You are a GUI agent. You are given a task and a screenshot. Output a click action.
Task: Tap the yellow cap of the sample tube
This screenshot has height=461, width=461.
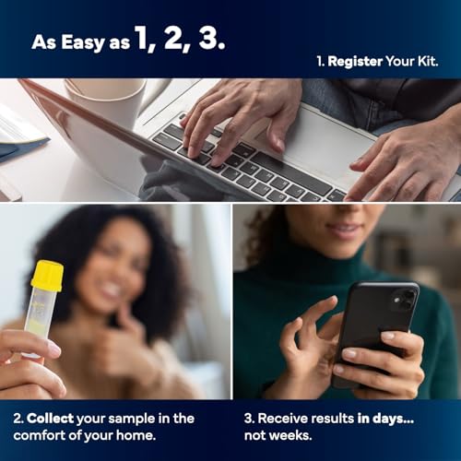(x=46, y=276)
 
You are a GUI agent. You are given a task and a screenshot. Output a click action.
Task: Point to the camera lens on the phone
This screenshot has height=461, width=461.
(x=407, y=299)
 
